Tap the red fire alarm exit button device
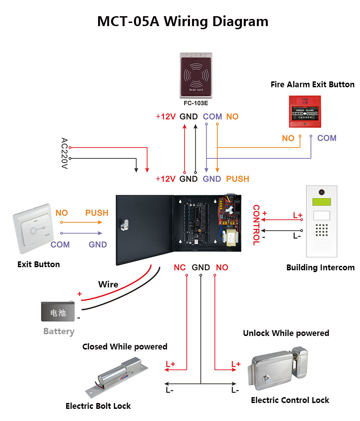pyautogui.click(x=305, y=111)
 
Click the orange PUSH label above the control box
pyautogui.click(x=237, y=179)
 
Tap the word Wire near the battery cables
pyautogui.click(x=108, y=284)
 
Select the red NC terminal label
pyautogui.click(x=180, y=268)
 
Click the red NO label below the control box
pyautogui.click(x=222, y=268)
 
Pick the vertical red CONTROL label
pyautogui.click(x=256, y=225)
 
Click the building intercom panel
pyautogui.click(x=321, y=223)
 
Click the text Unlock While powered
pyautogui.click(x=286, y=333)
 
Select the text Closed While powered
pyautogui.click(x=125, y=347)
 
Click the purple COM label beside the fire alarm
pyautogui.click(x=327, y=138)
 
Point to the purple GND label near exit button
pyautogui.click(x=98, y=245)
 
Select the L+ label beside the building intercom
pyautogui.click(x=297, y=215)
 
